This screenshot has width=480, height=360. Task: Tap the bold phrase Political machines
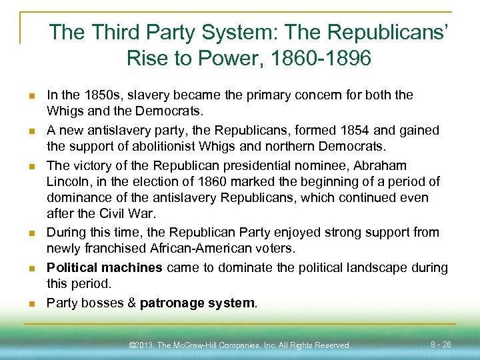click(x=105, y=267)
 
